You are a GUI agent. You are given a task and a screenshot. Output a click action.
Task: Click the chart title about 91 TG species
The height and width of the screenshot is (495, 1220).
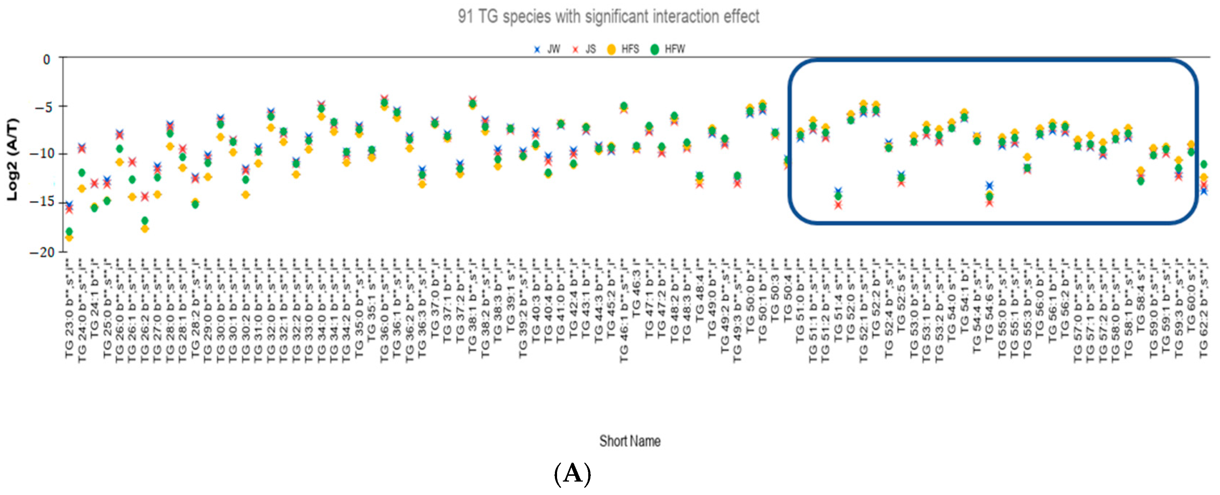(x=608, y=17)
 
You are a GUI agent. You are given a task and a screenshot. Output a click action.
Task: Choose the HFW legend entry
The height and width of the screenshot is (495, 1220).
(x=669, y=49)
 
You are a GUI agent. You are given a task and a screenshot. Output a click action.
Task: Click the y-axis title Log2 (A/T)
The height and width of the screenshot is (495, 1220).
(x=13, y=159)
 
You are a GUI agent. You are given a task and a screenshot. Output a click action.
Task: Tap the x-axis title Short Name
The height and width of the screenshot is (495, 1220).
(x=630, y=441)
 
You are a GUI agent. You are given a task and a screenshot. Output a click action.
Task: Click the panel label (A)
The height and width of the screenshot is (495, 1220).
(x=572, y=474)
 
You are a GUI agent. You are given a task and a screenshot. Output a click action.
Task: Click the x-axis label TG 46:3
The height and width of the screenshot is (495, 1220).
(x=636, y=294)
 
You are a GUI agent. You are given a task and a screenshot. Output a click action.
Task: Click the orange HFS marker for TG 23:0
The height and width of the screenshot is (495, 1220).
(x=69, y=237)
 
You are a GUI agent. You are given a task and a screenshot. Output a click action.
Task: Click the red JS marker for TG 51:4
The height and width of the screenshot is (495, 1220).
(x=838, y=205)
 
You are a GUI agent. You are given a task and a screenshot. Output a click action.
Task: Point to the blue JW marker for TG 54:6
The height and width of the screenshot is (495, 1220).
(x=989, y=185)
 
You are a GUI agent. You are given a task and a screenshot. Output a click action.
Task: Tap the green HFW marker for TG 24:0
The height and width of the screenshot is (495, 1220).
(x=82, y=172)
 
